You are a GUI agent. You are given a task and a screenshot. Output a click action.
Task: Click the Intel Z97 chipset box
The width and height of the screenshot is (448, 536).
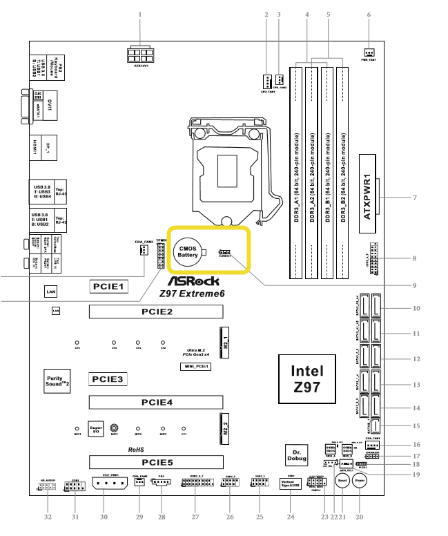[306, 379]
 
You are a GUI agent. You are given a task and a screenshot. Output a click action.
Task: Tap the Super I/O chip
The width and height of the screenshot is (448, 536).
[97, 429]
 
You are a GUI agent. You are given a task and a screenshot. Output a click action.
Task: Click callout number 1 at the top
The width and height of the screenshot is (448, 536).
[140, 15]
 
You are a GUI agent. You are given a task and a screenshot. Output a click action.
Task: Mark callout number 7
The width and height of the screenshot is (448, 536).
[414, 198]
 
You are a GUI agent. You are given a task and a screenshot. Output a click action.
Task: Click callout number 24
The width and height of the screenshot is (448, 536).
[290, 517]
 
